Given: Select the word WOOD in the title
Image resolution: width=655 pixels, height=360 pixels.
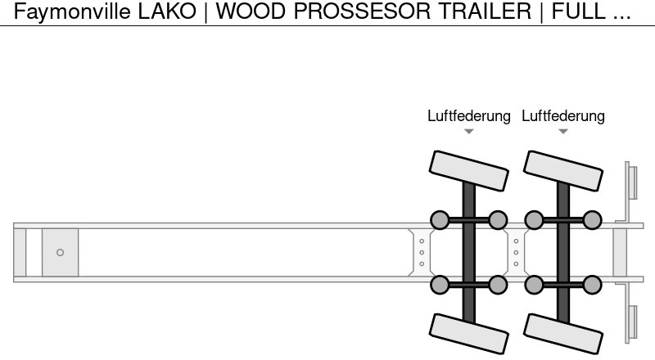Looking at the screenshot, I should click(x=246, y=11).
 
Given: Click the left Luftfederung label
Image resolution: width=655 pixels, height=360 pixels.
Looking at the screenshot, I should click(x=468, y=115).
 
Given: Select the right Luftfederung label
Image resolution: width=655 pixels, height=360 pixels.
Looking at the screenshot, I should click(x=563, y=115).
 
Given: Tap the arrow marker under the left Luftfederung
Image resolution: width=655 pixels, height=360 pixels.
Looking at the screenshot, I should click(x=468, y=132).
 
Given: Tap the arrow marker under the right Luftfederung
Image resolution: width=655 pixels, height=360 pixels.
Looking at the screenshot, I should click(x=563, y=132).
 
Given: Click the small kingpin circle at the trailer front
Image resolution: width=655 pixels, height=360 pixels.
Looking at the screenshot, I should click(x=60, y=252).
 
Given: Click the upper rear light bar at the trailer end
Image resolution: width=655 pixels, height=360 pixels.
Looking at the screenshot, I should click(x=631, y=181).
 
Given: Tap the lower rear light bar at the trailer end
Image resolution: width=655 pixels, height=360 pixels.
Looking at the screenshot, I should click(x=631, y=322).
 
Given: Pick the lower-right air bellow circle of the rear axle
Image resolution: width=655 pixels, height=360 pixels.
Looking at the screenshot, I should click(x=592, y=285).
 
